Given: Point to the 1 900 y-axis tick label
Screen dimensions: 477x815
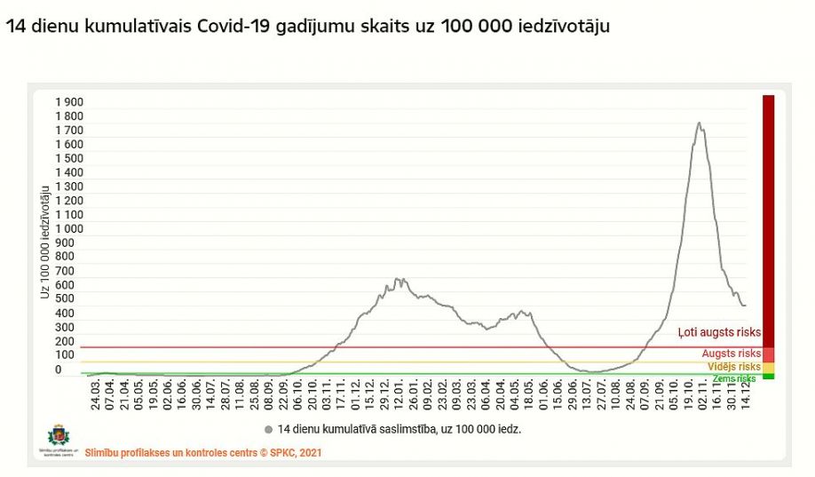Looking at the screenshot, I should click(x=69, y=102).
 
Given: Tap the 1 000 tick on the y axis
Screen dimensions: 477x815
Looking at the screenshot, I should click(x=69, y=228).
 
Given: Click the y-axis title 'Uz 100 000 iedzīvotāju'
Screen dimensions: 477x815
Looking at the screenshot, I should click(x=44, y=240).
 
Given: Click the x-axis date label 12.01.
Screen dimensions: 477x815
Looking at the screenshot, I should click(x=400, y=394).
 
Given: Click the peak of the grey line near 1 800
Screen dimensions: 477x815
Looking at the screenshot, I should click(x=700, y=123).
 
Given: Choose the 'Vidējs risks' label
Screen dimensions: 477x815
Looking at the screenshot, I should click(x=733, y=366).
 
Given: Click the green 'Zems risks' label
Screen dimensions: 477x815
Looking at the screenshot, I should click(x=734, y=378).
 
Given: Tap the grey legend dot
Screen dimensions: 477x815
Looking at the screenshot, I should click(x=268, y=429).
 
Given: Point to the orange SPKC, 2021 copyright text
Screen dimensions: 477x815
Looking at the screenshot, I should click(x=203, y=452).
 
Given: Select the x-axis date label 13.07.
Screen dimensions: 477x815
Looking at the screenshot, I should click(x=589, y=394).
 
